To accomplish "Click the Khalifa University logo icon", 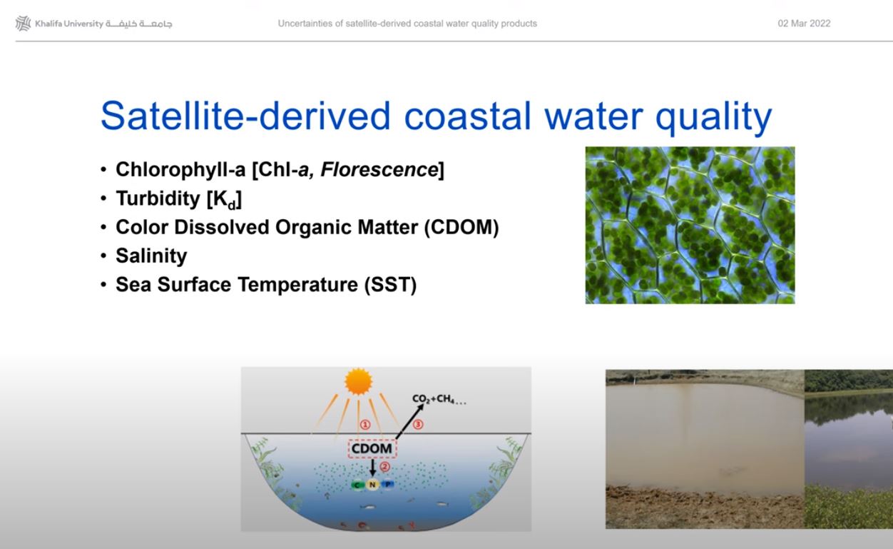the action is tap(23, 24).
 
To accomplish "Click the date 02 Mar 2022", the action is tap(804, 24).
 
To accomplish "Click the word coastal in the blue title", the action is tap(467, 116).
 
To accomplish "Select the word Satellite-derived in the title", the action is tap(245, 116).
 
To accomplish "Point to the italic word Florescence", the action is tap(379, 169).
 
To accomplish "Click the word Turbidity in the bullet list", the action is tap(158, 198).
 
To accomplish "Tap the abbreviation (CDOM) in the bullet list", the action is tap(461, 227).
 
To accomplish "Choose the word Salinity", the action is tap(151, 256).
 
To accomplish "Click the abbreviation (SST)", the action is tap(390, 284).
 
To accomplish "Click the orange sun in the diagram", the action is tap(358, 381).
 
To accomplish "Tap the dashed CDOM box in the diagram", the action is tap(372, 448).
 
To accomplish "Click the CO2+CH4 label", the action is tap(439, 399).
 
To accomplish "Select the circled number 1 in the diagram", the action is tap(365, 425).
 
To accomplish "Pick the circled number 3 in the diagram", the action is tap(418, 424).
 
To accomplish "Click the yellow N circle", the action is tap(372, 484).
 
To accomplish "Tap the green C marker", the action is tap(357, 485).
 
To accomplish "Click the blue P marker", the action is tap(387, 484).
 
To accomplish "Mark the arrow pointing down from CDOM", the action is tap(373, 468).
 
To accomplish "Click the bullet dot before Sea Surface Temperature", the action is tap(103, 285).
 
